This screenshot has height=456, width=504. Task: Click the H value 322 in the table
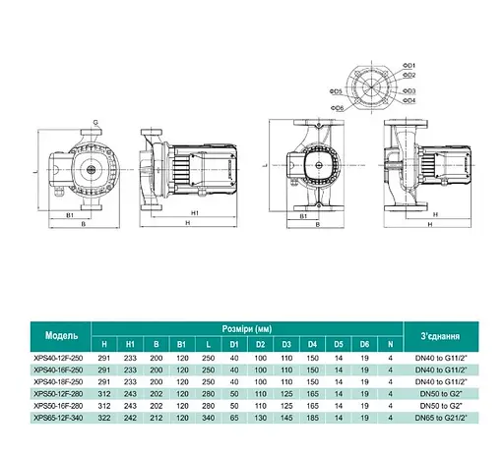[105, 418]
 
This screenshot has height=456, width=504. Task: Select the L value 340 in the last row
[208, 418]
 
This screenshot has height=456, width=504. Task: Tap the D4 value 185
[311, 418]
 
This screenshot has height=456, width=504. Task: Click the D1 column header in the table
[233, 345]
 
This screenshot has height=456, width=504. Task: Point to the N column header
[391, 345]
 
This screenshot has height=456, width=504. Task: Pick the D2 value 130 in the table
[260, 418]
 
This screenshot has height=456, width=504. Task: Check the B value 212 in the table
[157, 418]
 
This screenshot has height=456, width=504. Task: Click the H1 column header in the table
[131, 345]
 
